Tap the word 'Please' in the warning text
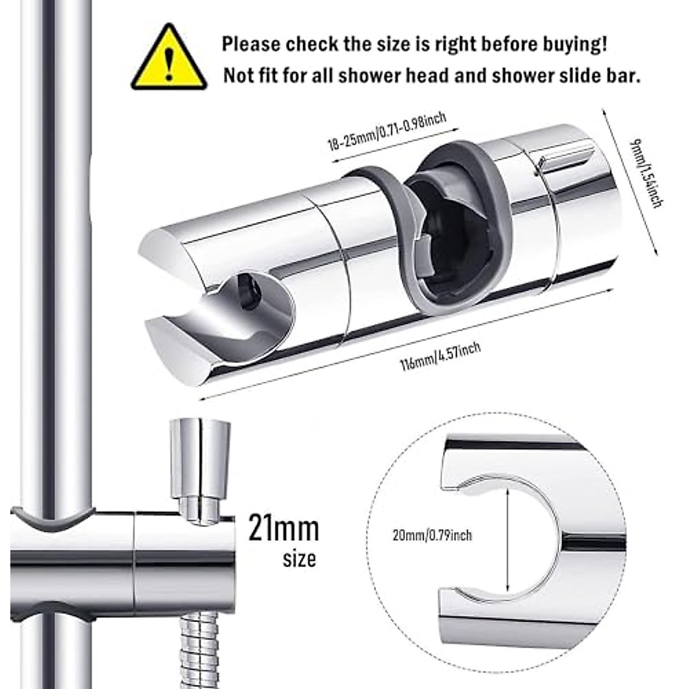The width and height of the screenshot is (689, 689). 251,44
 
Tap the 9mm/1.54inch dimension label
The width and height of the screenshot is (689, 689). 647,172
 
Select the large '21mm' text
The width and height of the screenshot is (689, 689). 283,528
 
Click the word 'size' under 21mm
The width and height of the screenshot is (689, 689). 299,559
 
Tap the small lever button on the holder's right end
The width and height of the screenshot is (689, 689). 566,157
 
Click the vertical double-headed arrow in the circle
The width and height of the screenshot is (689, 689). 508,543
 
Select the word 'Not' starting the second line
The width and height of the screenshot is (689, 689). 238,76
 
